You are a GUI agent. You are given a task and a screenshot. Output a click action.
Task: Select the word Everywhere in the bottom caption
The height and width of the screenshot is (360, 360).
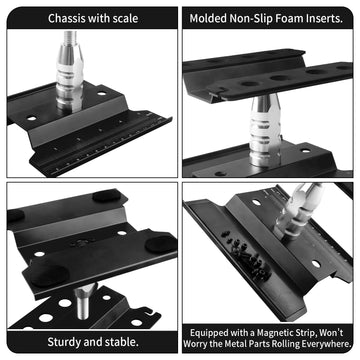point(335,347)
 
